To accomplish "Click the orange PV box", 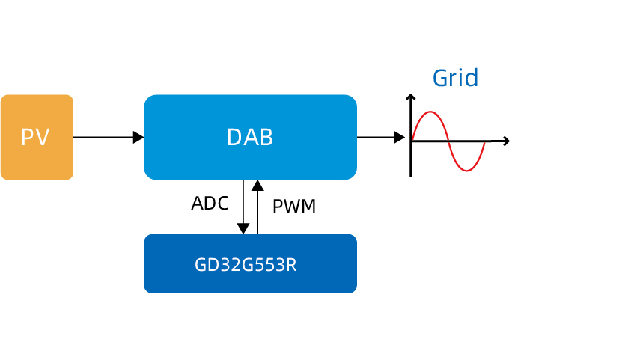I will [x=37, y=137].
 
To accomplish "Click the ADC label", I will [x=210, y=204].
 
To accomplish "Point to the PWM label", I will [x=294, y=207].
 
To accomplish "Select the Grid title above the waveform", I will [x=455, y=78].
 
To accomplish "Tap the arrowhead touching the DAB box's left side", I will [x=138, y=137].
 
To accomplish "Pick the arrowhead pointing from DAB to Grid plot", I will [x=400, y=137].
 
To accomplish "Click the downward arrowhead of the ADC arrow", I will [x=243, y=228].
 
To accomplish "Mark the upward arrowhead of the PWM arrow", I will [x=257, y=185].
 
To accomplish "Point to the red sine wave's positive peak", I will [x=430, y=112].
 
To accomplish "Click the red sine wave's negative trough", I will [x=467, y=170].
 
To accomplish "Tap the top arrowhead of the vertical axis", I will [x=410, y=97].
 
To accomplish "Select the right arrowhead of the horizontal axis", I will [x=507, y=141].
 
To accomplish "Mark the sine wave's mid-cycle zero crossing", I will [x=448, y=141].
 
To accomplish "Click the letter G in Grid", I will [x=440, y=79].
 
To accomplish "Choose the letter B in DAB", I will [x=265, y=138].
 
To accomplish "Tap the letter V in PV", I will [x=43, y=138].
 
